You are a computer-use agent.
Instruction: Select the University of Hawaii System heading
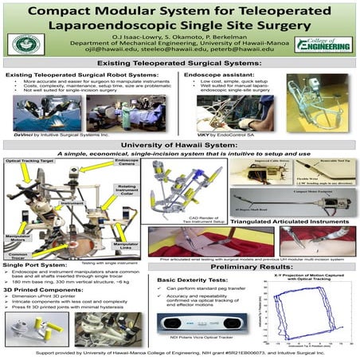pos(180,145)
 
